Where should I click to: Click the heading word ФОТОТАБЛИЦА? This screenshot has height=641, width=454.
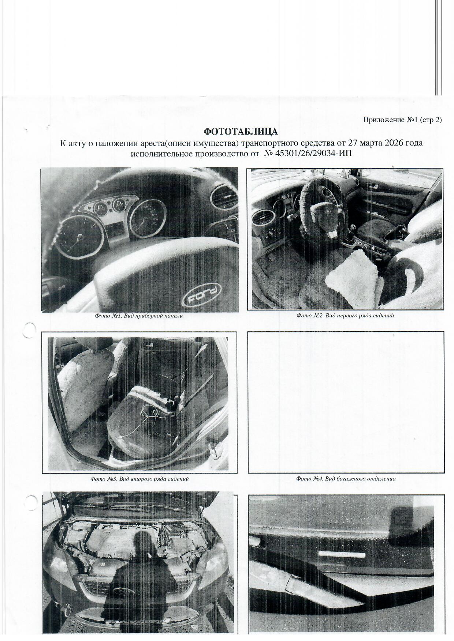pyautogui.click(x=241, y=131)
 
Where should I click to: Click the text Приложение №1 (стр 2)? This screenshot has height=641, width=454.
pyautogui.click(x=402, y=120)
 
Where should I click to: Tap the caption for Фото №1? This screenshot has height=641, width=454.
pyautogui.click(x=139, y=316)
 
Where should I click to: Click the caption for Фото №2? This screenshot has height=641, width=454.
pyautogui.click(x=345, y=316)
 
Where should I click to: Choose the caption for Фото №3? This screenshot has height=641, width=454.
pyautogui.click(x=139, y=479)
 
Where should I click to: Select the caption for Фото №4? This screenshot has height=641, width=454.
pyautogui.click(x=346, y=479)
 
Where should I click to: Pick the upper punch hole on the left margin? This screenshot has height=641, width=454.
pyautogui.click(x=30, y=330)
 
